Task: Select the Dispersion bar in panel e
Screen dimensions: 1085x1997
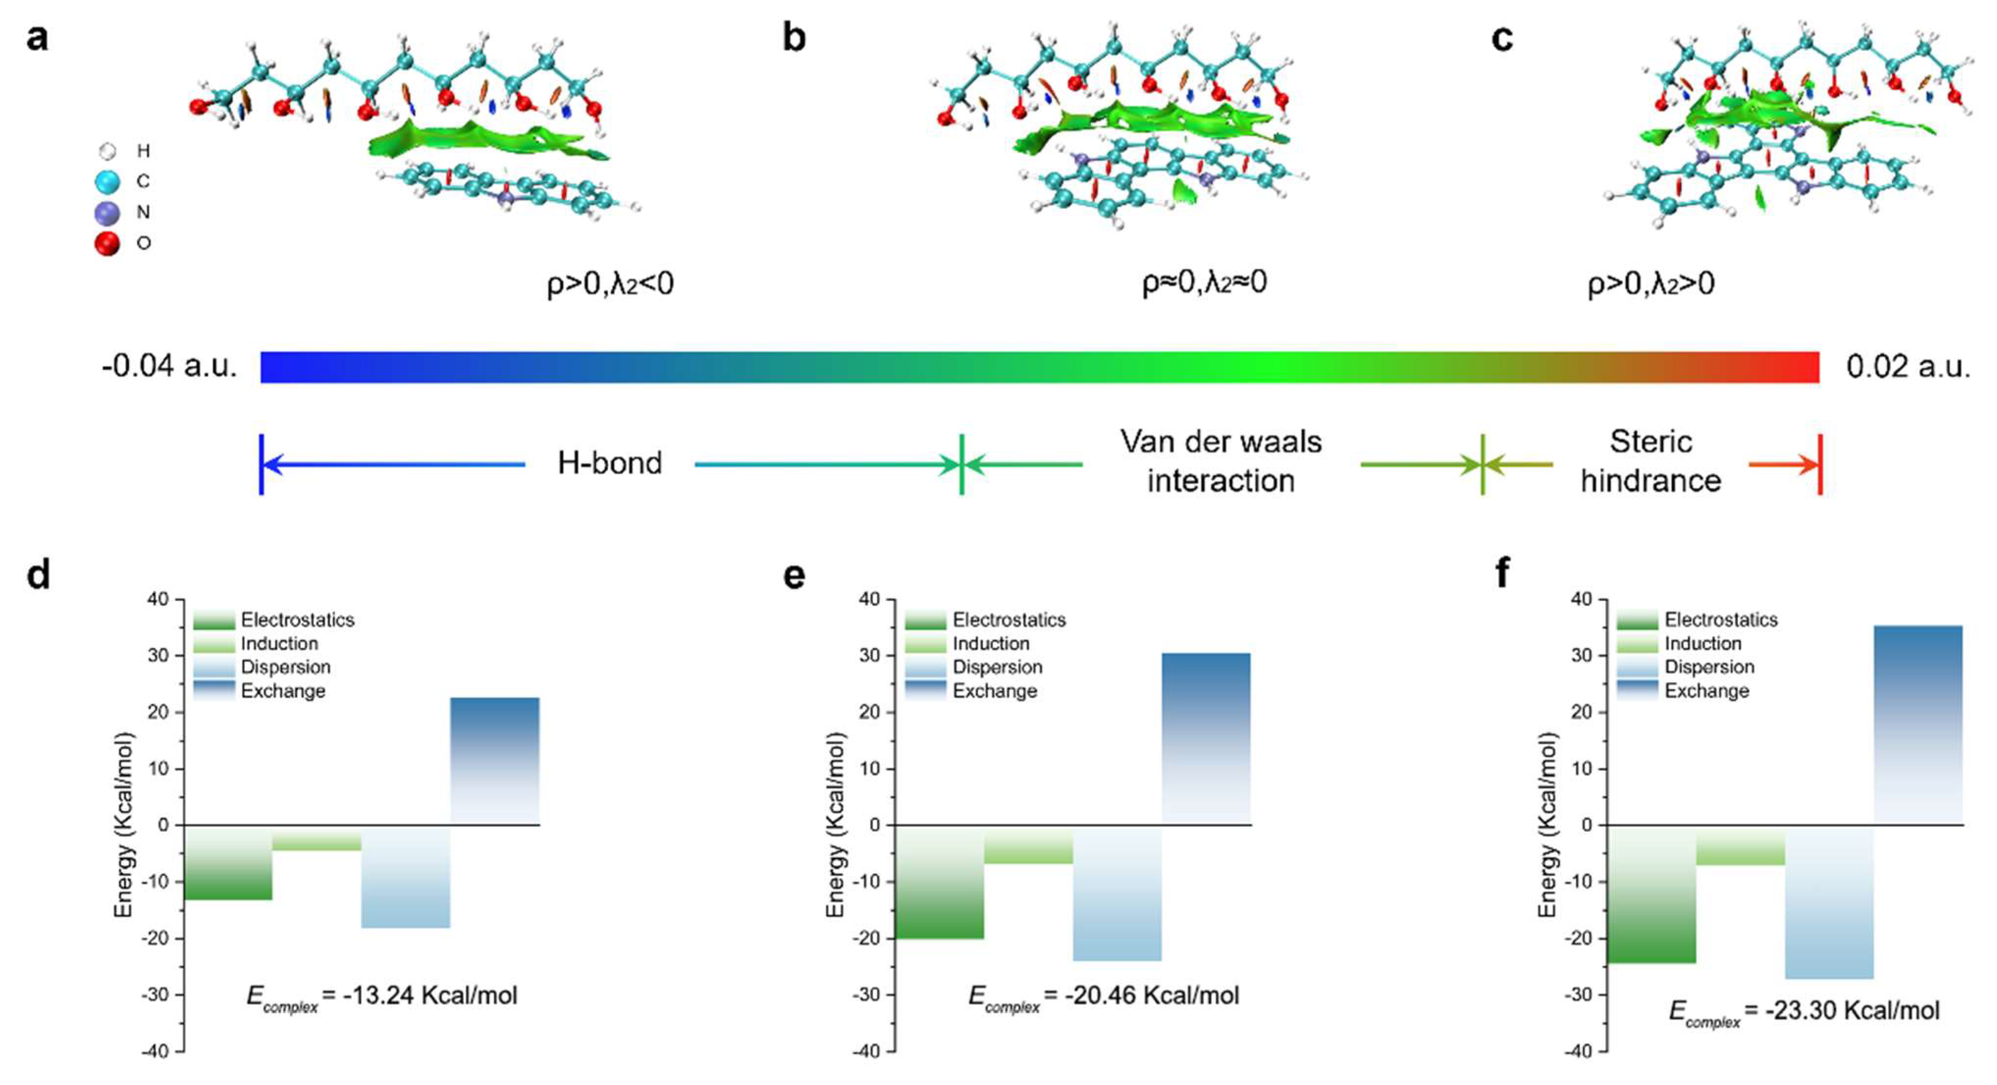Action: point(1117,893)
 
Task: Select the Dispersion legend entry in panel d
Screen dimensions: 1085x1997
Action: point(285,668)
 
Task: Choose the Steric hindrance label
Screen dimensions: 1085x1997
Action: point(1651,461)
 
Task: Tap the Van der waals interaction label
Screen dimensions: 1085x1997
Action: point(1221,461)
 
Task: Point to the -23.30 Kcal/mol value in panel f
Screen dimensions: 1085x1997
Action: point(1852,1010)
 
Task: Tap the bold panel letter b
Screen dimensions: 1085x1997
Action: point(794,37)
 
